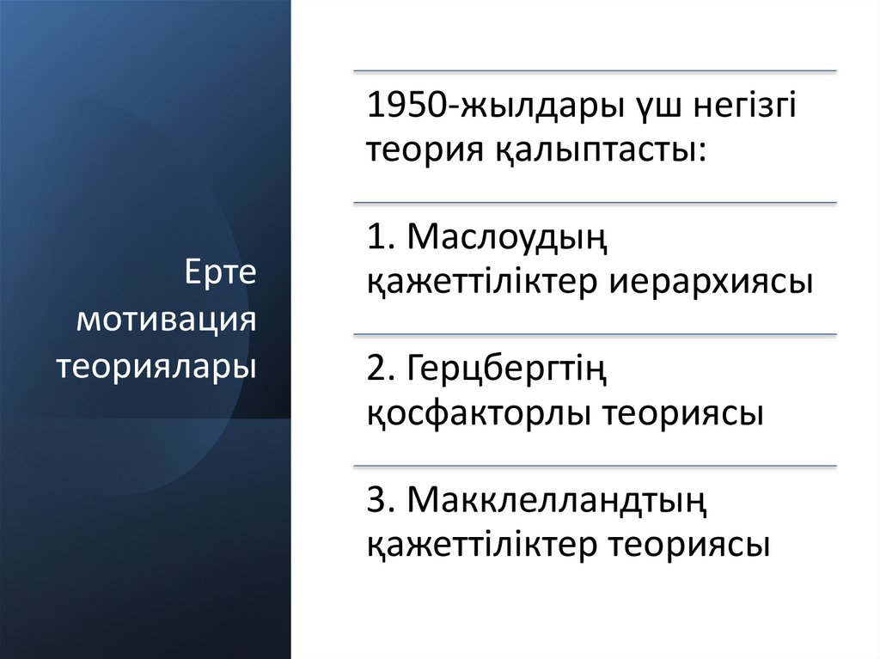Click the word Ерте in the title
(221, 276)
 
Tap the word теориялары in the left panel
(158, 366)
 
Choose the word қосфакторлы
(480, 413)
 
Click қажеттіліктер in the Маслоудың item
(484, 282)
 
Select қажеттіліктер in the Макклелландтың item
(484, 546)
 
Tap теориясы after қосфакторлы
(686, 413)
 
